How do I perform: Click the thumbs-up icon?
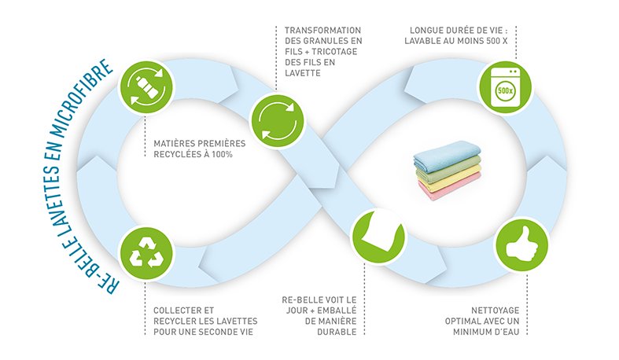(520, 243)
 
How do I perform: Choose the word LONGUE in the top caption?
(426, 30)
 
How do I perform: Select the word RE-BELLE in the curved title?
(102, 275)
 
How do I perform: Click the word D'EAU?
(510, 332)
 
